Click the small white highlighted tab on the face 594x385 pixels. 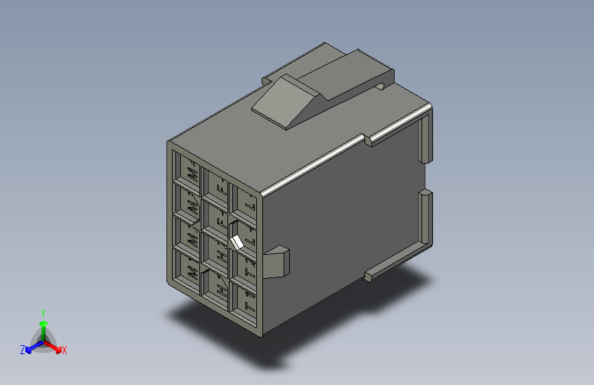238,243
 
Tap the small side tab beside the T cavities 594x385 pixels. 278,262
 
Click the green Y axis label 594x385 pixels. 42,312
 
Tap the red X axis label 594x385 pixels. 64,351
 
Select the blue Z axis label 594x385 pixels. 23,350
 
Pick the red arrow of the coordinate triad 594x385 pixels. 54,345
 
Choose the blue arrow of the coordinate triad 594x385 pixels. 32,345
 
